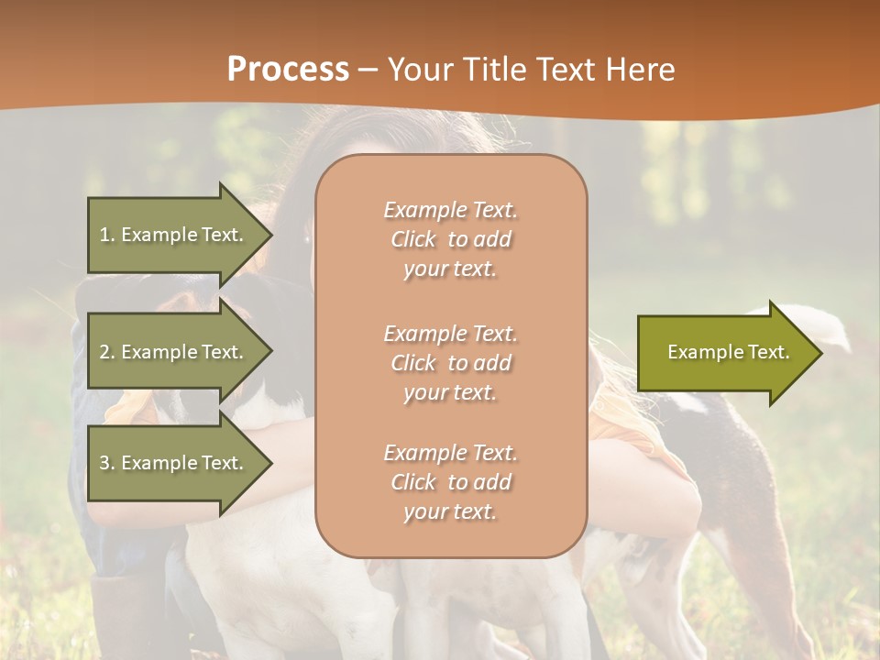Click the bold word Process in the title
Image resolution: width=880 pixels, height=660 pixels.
pyautogui.click(x=288, y=69)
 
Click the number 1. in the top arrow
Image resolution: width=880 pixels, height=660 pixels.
pyautogui.click(x=107, y=235)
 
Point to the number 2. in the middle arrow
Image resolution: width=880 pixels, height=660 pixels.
pyautogui.click(x=107, y=352)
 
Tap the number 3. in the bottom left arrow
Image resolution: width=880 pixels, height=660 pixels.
pyautogui.click(x=107, y=463)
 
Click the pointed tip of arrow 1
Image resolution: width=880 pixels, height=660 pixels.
pyautogui.click(x=269, y=235)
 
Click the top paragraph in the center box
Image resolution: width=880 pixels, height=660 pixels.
pyautogui.click(x=450, y=239)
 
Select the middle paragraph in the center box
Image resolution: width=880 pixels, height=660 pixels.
pyautogui.click(x=450, y=363)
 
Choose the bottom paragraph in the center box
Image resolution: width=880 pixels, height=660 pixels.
pyautogui.click(x=450, y=482)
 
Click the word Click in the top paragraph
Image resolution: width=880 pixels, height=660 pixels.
pyautogui.click(x=412, y=239)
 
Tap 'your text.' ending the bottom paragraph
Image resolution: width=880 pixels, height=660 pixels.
pyautogui.click(x=449, y=511)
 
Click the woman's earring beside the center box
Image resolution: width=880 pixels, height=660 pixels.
pyautogui.click(x=307, y=237)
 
